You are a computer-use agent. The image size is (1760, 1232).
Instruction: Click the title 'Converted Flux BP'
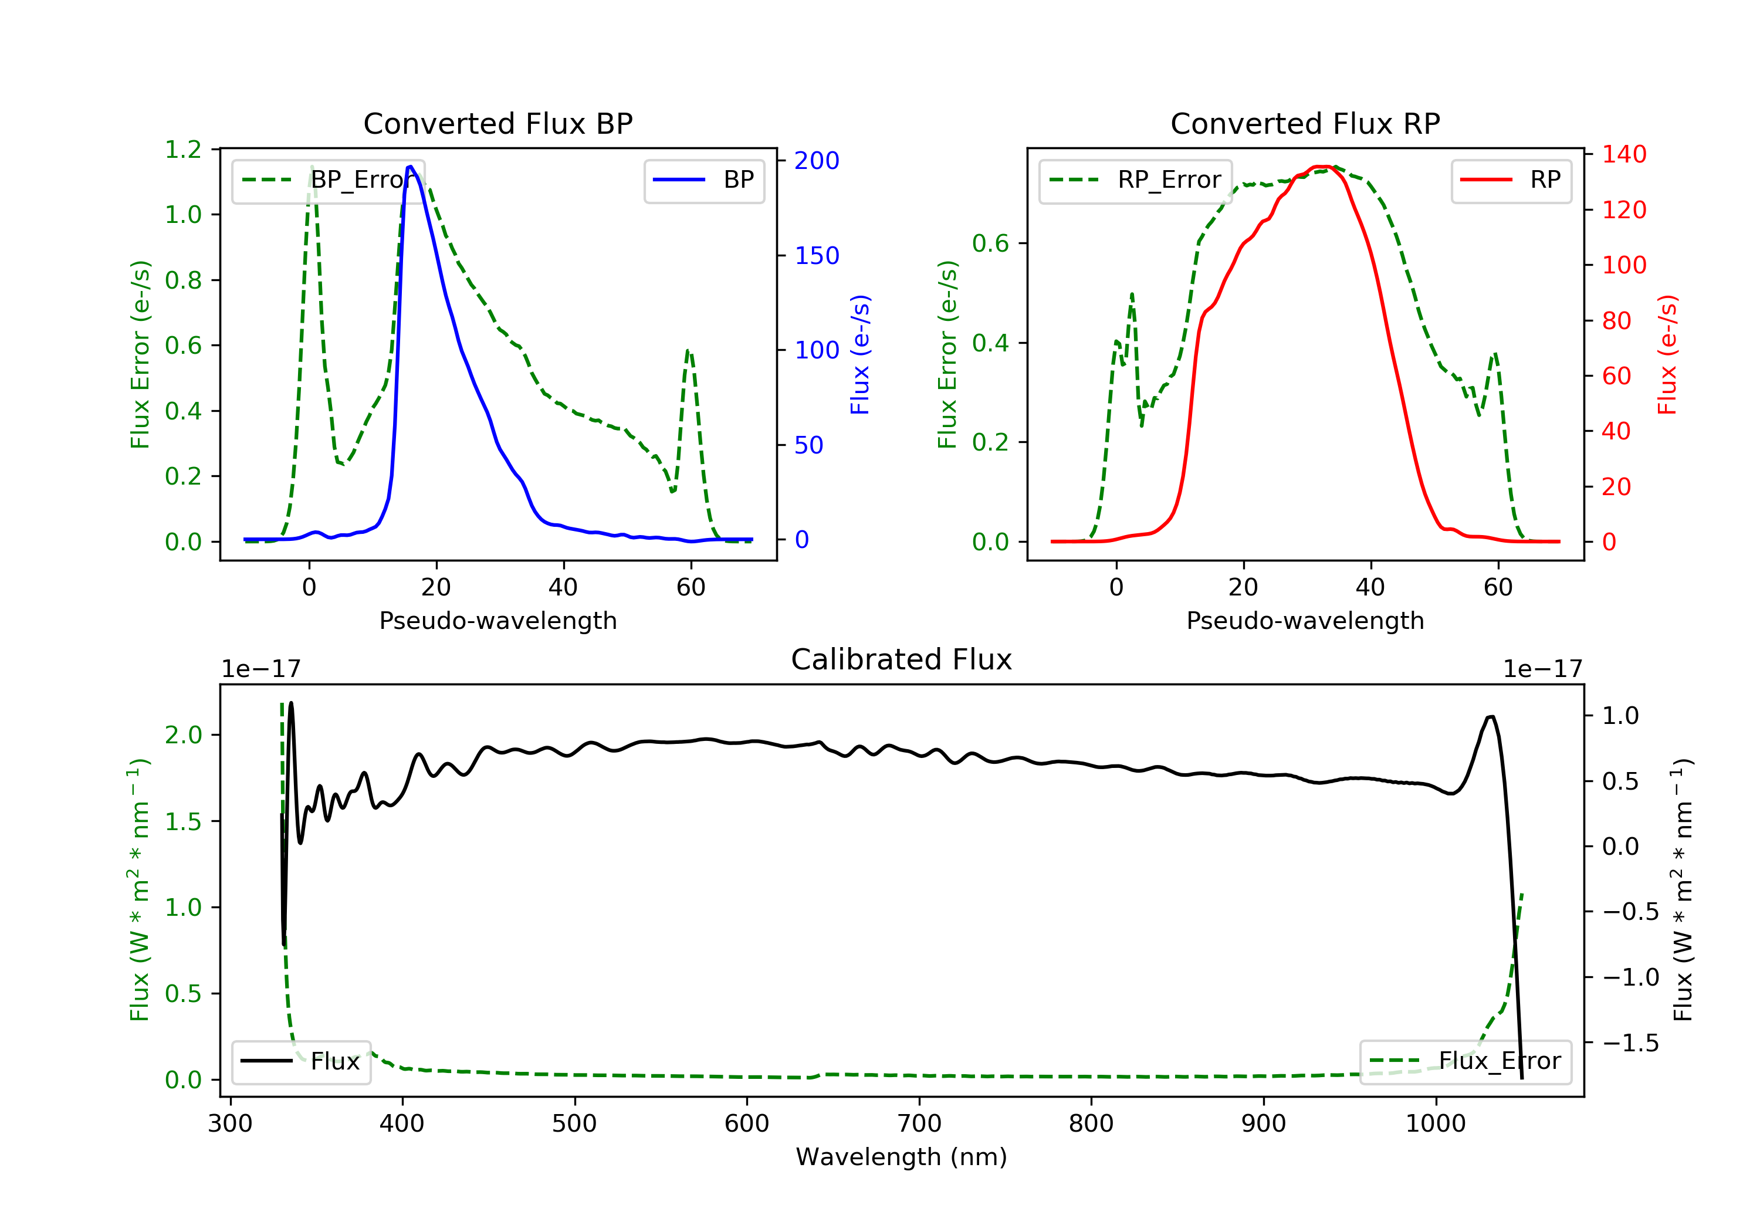pos(498,123)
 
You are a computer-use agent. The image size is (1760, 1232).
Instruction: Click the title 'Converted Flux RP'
pos(1305,123)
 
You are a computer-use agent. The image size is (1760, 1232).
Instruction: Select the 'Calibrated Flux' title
pos(902,659)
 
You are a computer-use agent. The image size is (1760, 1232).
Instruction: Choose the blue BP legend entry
pos(703,180)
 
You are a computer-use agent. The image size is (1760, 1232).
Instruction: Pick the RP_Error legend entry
pos(1135,180)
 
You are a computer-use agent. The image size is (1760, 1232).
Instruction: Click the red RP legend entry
pos(1511,180)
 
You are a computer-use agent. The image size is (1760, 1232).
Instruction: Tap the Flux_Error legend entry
pos(1465,1061)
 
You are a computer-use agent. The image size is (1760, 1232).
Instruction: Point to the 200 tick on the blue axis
pos(817,160)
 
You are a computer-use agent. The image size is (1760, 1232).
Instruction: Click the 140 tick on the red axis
pos(1624,154)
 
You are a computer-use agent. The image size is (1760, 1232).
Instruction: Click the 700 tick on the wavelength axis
pos(919,1124)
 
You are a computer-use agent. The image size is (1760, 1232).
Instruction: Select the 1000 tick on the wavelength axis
pos(1436,1124)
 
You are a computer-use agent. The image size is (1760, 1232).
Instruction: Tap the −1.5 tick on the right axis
pos(1630,1043)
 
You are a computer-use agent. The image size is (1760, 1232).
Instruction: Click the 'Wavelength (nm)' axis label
pos(902,1157)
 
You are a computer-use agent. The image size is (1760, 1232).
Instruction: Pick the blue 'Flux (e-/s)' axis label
pos(860,355)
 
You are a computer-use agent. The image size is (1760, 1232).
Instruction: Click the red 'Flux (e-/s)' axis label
pos(1667,355)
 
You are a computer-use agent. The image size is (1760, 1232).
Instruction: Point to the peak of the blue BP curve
pos(411,167)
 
